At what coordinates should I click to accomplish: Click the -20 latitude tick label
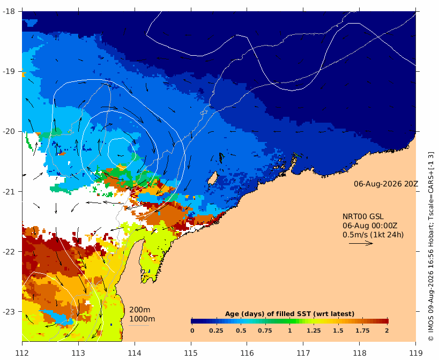tap(9, 131)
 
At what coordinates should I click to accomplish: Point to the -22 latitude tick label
tap(9, 251)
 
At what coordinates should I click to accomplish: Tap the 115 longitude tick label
tap(191, 353)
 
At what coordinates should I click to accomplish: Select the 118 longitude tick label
tap(360, 353)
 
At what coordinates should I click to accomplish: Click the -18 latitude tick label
tap(9, 11)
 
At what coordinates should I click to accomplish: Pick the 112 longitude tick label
tap(22, 353)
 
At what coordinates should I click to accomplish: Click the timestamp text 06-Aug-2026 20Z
tap(386, 184)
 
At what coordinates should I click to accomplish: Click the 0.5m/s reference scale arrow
tap(361, 243)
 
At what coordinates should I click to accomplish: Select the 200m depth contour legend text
tap(140, 310)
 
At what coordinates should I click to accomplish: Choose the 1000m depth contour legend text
tap(142, 319)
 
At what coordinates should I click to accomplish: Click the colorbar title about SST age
tap(289, 314)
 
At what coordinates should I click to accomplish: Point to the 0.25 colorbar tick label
tap(216, 331)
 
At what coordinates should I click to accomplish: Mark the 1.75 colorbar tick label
tap(362, 331)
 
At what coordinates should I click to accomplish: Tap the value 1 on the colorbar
tap(289, 331)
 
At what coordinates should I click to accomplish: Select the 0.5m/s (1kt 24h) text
tap(373, 235)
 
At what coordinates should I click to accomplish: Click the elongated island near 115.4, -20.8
tap(213, 178)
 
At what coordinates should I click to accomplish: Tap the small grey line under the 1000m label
tap(139, 325)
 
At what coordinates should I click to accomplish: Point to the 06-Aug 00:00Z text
tap(370, 226)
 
